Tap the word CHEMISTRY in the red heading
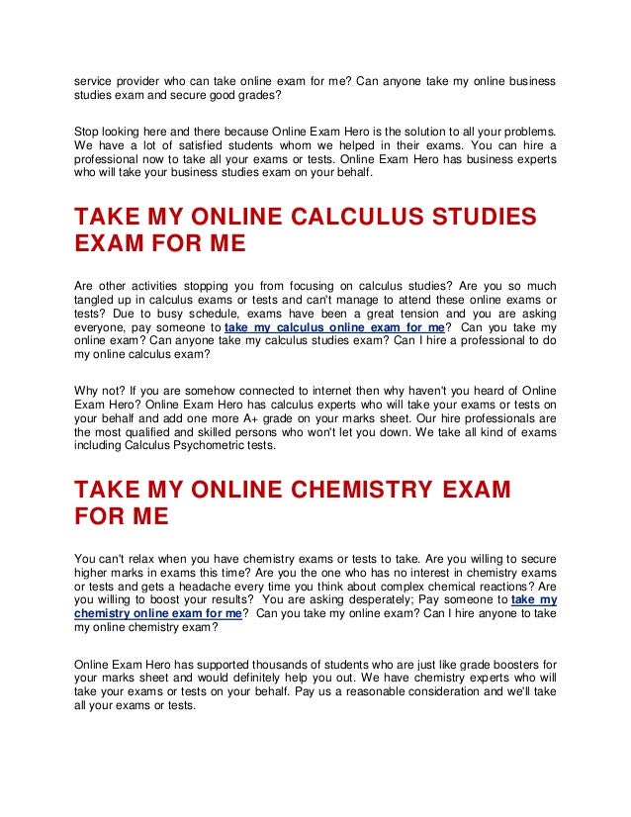coord(366,490)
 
